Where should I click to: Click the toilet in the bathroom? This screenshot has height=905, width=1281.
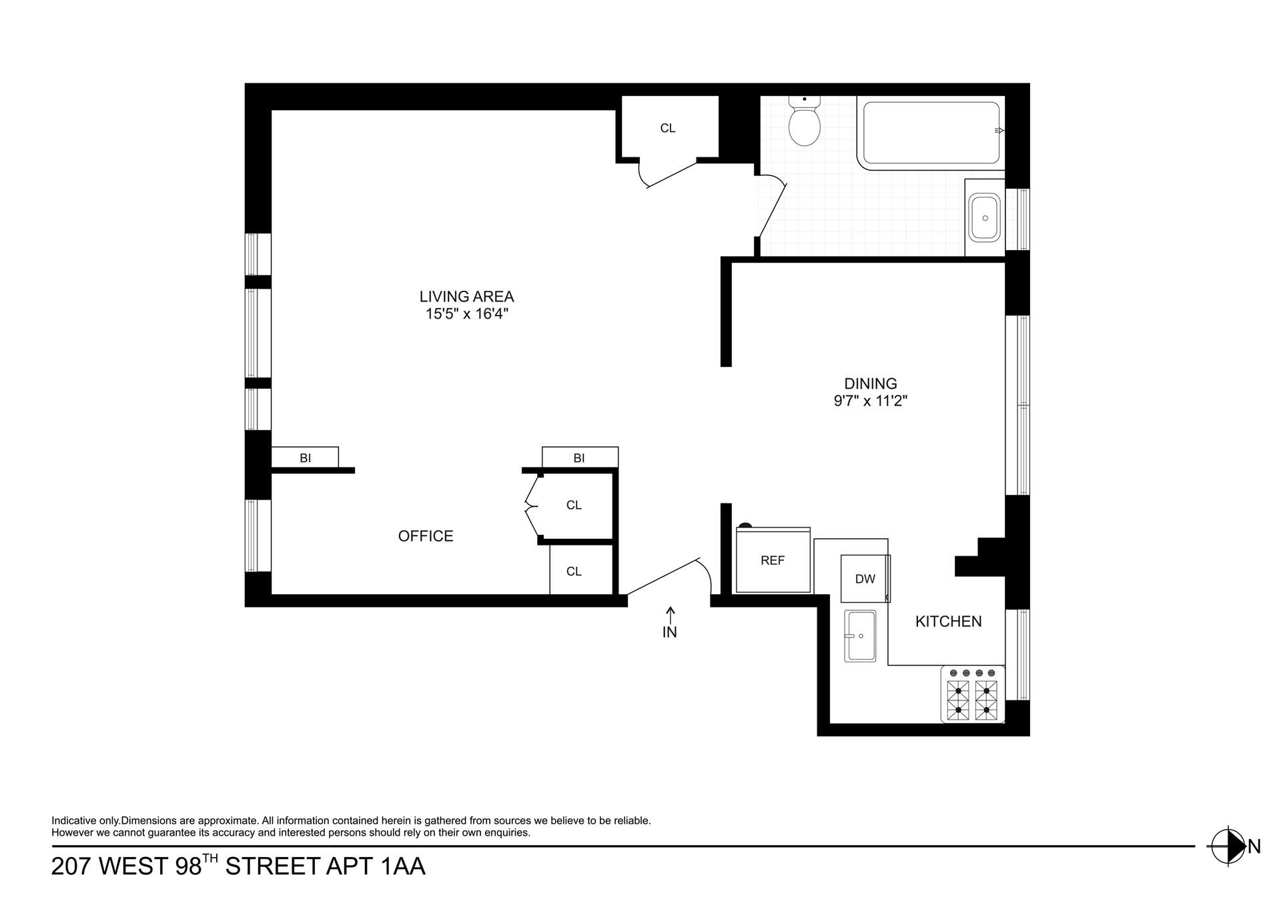[x=804, y=121]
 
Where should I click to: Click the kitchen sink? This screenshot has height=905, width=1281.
[x=860, y=636]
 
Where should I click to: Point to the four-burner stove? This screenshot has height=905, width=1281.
[x=973, y=694]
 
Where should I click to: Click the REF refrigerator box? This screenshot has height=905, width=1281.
[x=773, y=560]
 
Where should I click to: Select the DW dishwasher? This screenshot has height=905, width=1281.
[x=865, y=579]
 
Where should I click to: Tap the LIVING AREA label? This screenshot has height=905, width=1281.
[x=466, y=297]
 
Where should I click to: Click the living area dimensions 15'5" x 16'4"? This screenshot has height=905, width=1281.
[x=467, y=314]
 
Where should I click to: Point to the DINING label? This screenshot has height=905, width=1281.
[x=871, y=383]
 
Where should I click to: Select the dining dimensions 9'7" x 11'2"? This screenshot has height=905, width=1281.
[x=871, y=401]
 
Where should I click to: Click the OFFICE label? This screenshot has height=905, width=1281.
[x=426, y=536]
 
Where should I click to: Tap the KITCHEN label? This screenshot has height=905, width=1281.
[x=948, y=622]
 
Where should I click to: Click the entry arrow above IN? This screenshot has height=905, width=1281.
[x=671, y=614]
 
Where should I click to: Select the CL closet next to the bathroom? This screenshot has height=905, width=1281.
[x=668, y=128]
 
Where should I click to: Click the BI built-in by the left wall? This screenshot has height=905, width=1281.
[x=305, y=458]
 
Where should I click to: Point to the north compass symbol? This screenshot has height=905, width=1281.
[x=1228, y=846]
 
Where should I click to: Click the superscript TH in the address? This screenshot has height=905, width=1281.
[x=210, y=858]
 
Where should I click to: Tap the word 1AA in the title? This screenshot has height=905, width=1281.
[x=402, y=866]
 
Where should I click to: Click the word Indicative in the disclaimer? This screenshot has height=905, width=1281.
[x=75, y=821]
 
